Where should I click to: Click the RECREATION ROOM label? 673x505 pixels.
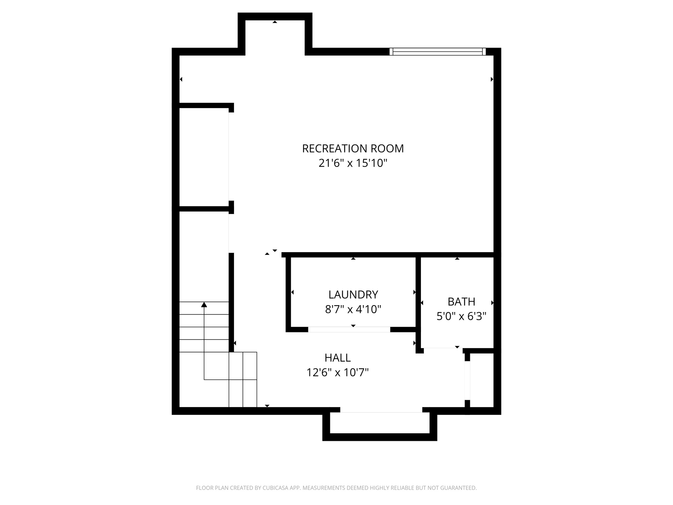(x=353, y=149)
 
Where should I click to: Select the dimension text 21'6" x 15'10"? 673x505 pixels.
(x=353, y=163)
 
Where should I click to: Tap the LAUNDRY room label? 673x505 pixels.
(x=353, y=295)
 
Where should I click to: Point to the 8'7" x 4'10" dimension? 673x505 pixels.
(x=353, y=309)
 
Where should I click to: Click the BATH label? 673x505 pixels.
(x=461, y=301)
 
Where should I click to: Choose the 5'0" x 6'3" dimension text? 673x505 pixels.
(x=461, y=316)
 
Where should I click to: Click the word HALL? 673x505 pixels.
(x=337, y=358)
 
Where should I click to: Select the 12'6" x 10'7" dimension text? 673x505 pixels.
(x=337, y=373)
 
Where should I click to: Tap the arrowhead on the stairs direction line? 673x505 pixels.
(x=204, y=305)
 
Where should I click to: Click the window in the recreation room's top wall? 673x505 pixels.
(x=437, y=52)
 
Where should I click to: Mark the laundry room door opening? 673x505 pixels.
(x=349, y=329)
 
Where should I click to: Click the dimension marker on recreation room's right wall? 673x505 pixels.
(x=492, y=79)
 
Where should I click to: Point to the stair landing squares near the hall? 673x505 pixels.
(x=243, y=379)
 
